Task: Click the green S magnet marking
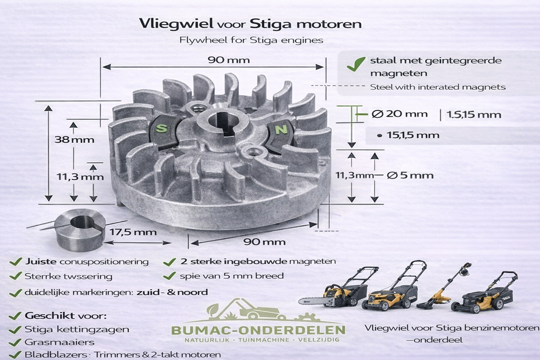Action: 161,129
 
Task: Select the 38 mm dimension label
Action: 75,140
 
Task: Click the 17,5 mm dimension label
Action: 133,232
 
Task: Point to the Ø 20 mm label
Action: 400,114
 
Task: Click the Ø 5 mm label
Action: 410,175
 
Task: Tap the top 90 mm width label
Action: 229,60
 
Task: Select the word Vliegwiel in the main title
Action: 176,24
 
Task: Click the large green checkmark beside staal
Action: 356,64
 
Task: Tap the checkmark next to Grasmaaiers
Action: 15,342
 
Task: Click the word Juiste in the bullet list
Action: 40,262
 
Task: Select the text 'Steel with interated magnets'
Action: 438,87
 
